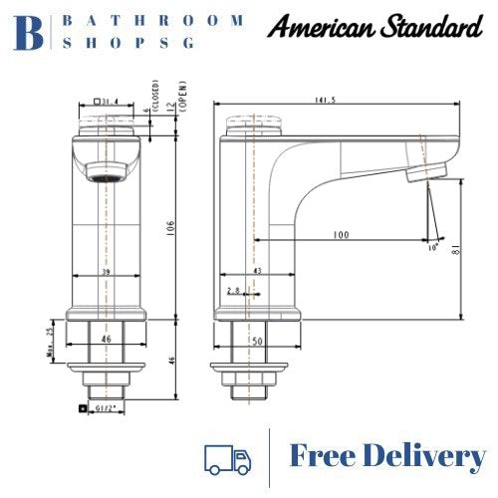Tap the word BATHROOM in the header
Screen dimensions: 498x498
click(x=153, y=20)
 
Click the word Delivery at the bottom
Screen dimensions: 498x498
click(x=431, y=457)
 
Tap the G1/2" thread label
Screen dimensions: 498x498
click(x=105, y=408)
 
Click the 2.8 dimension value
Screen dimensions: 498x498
click(x=232, y=290)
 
